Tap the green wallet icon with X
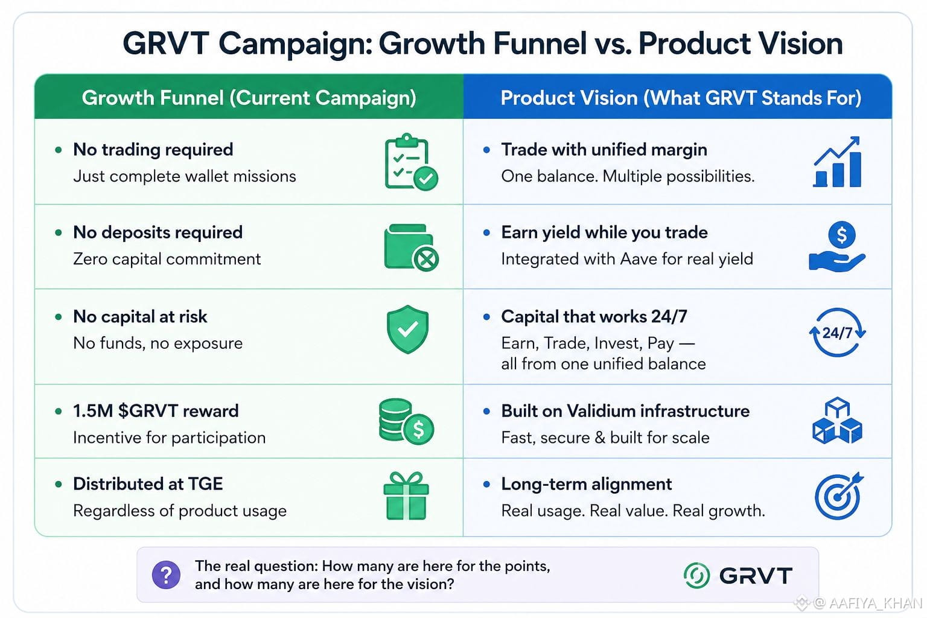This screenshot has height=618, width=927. pyautogui.click(x=411, y=247)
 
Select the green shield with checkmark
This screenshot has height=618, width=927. pyautogui.click(x=407, y=330)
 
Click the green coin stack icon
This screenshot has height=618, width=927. pyautogui.click(x=406, y=421)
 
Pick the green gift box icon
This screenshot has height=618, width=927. pyautogui.click(x=406, y=496)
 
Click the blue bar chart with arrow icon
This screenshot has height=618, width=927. pyautogui.click(x=837, y=162)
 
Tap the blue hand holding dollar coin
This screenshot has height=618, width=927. pyautogui.click(x=837, y=247)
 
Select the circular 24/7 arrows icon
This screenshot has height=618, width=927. pyautogui.click(x=837, y=333)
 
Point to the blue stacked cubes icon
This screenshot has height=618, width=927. pyautogui.click(x=837, y=421)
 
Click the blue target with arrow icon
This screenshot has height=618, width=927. pyautogui.click(x=838, y=496)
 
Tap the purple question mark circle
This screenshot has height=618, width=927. pyautogui.click(x=166, y=575)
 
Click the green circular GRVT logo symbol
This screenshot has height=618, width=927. pyautogui.click(x=696, y=575)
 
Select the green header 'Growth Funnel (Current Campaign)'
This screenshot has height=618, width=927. pyautogui.click(x=249, y=98)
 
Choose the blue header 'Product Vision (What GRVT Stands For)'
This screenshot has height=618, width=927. pyautogui.click(x=681, y=98)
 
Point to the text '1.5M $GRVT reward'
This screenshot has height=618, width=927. pyautogui.click(x=156, y=411)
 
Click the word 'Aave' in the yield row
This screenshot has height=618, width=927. pyautogui.click(x=639, y=259)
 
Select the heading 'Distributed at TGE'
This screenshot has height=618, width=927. pyautogui.click(x=148, y=484)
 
